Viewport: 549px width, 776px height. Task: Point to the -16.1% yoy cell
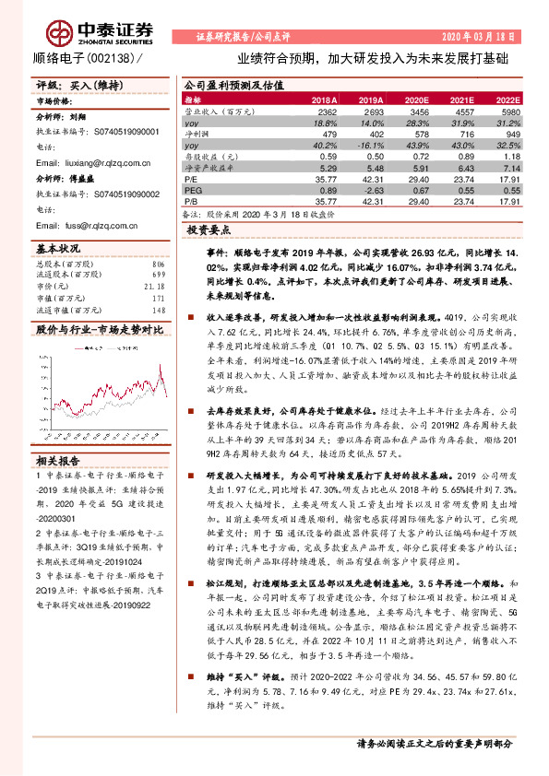tap(369, 146)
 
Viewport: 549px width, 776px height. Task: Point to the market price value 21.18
tap(153, 286)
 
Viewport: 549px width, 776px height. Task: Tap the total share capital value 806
tap(157, 265)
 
